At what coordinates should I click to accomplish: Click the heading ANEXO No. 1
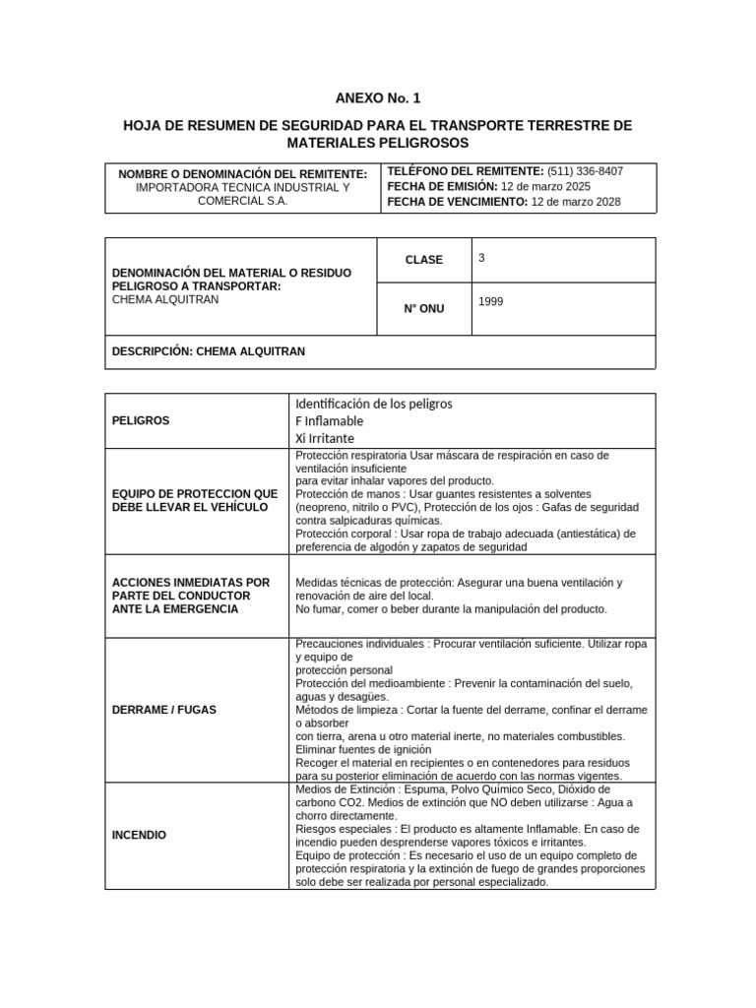tap(377, 97)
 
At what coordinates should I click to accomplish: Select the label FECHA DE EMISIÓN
tap(442, 187)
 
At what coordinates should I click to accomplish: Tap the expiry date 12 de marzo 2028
tap(576, 203)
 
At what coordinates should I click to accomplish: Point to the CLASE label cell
tap(424, 260)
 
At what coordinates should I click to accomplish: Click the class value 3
tap(481, 258)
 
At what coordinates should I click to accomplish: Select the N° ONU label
tap(424, 309)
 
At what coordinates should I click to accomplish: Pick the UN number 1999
tap(490, 302)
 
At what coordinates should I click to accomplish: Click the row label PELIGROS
tap(141, 420)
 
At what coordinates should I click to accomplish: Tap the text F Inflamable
tap(329, 420)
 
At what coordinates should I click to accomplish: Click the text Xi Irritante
tap(325, 438)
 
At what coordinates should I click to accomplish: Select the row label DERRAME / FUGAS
tap(164, 709)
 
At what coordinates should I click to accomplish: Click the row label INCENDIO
tap(140, 835)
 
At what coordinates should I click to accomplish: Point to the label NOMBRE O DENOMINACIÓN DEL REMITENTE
tap(242, 173)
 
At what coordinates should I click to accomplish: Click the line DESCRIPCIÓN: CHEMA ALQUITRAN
tap(209, 350)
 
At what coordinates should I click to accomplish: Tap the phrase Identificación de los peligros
tap(373, 404)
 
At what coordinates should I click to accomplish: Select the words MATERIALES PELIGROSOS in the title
tap(377, 144)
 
